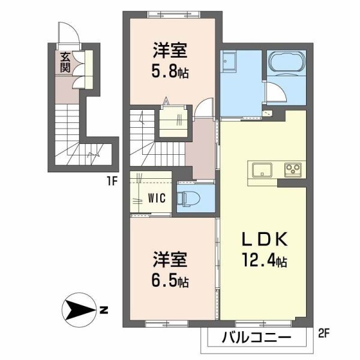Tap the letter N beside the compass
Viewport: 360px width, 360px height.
103,310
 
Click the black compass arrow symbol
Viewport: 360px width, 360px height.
78,310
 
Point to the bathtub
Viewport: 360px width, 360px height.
287,62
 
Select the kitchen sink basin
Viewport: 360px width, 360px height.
262,170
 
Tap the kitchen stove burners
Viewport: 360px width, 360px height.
293,170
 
